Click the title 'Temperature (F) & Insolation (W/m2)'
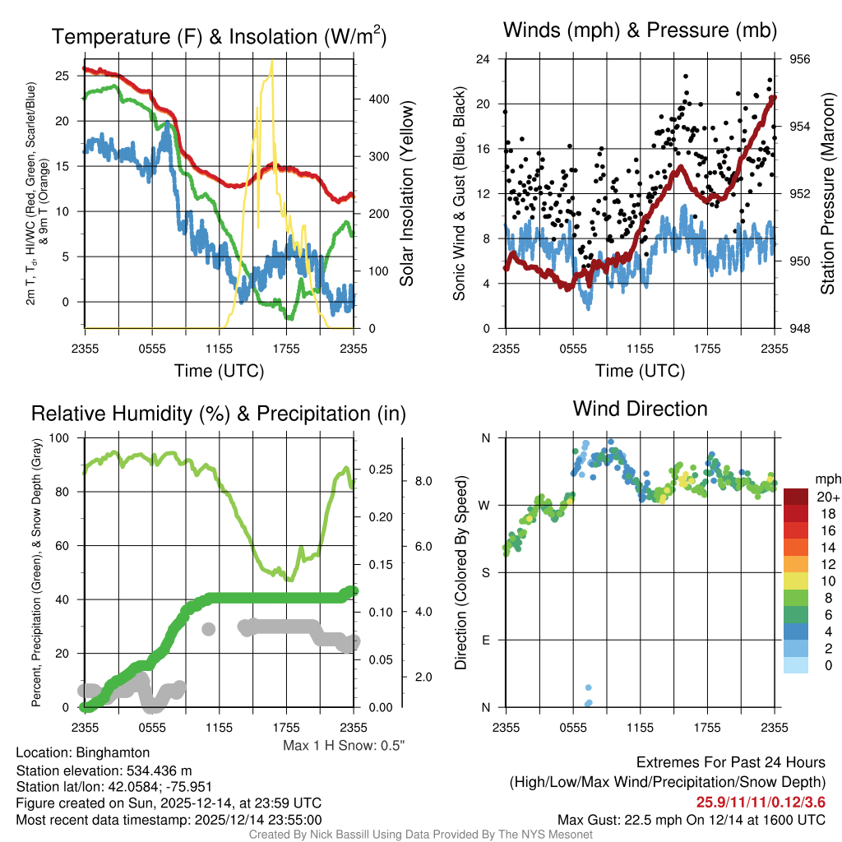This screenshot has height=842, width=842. pyautogui.click(x=219, y=37)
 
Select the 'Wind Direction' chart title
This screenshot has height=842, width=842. pyautogui.click(x=640, y=409)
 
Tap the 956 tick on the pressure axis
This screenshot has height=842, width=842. pyautogui.click(x=800, y=59)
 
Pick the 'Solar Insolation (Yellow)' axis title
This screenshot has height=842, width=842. pyautogui.click(x=406, y=194)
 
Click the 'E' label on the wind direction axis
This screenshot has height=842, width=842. pyautogui.click(x=484, y=640)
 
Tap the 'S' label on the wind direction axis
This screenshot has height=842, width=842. pyautogui.click(x=484, y=572)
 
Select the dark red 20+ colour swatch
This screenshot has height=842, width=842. pyautogui.click(x=795, y=497)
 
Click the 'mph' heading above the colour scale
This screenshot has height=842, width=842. pyautogui.click(x=826, y=479)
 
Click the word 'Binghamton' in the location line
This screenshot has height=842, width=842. pyautogui.click(x=113, y=752)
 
